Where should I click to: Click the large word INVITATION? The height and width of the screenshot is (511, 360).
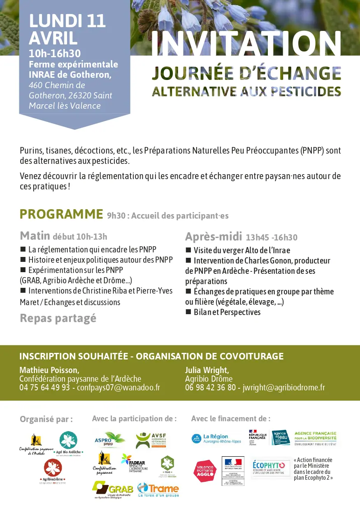pyautogui.click(x=246, y=44)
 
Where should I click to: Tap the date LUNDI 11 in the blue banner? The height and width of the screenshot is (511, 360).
pyautogui.click(x=67, y=21)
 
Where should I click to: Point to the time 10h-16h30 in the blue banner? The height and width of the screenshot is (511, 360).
pyautogui.click(x=55, y=53)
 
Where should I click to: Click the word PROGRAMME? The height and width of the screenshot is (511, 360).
pyautogui.click(x=61, y=214)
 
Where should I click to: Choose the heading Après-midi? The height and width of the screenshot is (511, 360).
pyautogui.click(x=214, y=237)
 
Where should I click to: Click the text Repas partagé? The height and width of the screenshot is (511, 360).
pyautogui.click(x=58, y=318)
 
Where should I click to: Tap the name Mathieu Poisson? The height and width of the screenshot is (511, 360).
pyautogui.click(x=49, y=370)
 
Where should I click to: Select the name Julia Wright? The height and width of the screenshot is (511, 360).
pyautogui.click(x=207, y=370)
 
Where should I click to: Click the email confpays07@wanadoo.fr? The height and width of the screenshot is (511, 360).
pyautogui.click(x=118, y=387)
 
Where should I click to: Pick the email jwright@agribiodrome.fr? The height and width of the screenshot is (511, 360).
pyautogui.click(x=284, y=387)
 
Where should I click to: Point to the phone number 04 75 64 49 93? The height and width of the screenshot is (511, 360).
pyautogui.click(x=44, y=387)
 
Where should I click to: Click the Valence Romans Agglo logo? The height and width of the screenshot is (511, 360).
pyautogui.click(x=205, y=471)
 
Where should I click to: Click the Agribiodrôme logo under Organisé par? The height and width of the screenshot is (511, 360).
pyautogui.click(x=53, y=471)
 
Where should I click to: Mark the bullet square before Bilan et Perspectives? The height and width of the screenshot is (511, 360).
pyautogui.click(x=188, y=312)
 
